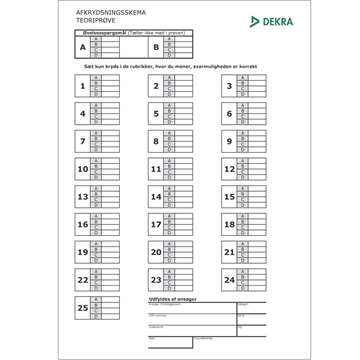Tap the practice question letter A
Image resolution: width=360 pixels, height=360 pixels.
tap(83, 46)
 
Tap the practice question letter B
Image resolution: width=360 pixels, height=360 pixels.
tap(156, 46)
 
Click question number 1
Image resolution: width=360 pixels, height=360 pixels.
tap(82, 86)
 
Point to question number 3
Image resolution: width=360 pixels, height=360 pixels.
tap(229, 86)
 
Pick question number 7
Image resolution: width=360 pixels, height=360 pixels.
tap(82, 142)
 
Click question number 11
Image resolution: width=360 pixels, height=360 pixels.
tap(155, 170)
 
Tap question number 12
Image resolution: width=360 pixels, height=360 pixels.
tap(229, 170)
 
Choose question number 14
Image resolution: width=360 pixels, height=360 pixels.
tap(155, 198)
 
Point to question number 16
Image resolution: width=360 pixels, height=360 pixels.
tap(82, 226)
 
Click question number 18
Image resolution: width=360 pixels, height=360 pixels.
tap(229, 226)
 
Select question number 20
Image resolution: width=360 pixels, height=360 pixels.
tap(155, 254)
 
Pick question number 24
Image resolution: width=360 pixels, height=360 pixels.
tap(229, 282)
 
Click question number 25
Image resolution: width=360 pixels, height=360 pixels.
tap(82, 310)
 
